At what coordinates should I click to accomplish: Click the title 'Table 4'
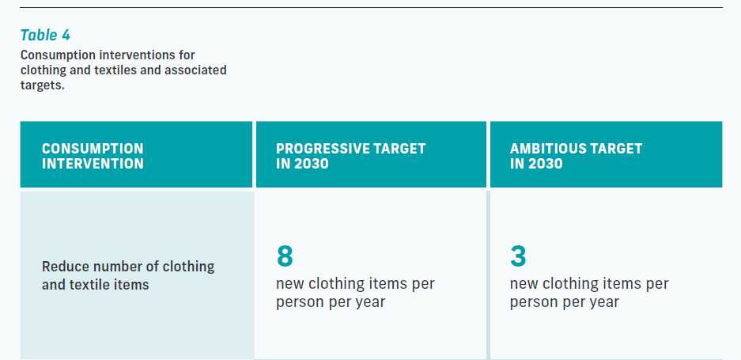tap(45, 35)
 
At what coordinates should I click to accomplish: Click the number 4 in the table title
tap(66, 35)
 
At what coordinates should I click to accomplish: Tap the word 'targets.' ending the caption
tap(43, 85)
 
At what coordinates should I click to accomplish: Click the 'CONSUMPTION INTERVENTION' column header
tap(93, 156)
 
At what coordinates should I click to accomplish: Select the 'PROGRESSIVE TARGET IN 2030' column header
tap(350, 156)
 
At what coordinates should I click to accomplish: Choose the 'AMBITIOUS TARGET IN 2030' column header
tap(576, 156)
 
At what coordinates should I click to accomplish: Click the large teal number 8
tap(285, 256)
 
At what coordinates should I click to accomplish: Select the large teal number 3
tap(518, 256)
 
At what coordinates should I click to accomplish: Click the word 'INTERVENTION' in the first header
tap(93, 164)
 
